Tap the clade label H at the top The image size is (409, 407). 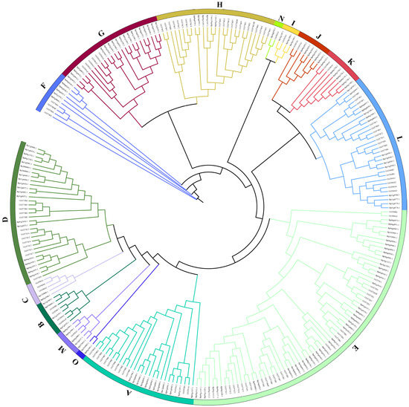219,5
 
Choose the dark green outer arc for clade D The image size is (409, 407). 16,215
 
